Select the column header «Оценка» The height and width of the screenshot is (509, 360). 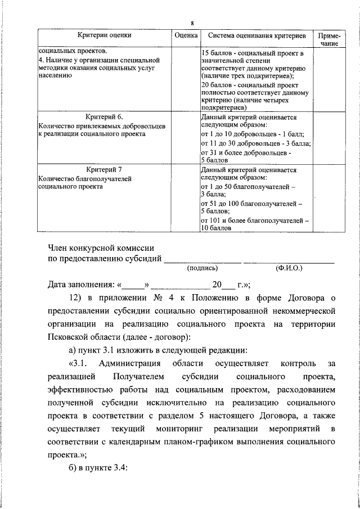pos(186,35)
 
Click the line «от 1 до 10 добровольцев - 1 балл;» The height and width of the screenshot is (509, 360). pos(252,135)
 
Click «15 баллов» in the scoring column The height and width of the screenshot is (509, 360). pos(215,53)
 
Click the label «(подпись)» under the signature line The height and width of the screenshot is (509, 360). pos(202,269)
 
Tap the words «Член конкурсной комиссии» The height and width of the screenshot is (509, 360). pos(101,248)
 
